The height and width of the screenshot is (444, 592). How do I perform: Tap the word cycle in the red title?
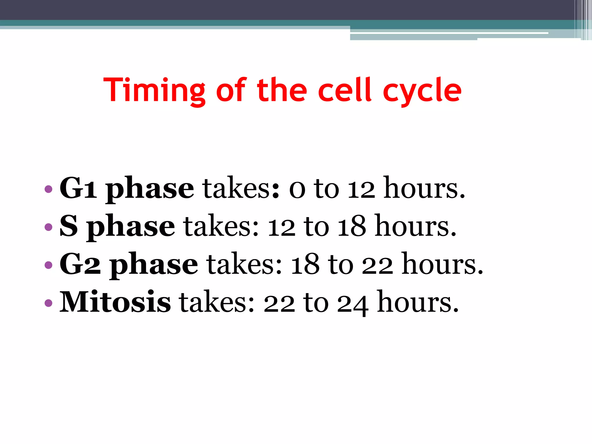[x=422, y=91]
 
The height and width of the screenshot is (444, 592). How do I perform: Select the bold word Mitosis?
[x=115, y=302]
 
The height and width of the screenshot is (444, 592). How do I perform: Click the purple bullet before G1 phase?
[x=49, y=189]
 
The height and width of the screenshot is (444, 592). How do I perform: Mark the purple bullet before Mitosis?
[x=49, y=303]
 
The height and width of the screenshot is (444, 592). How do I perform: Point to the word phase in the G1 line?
[x=149, y=189]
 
